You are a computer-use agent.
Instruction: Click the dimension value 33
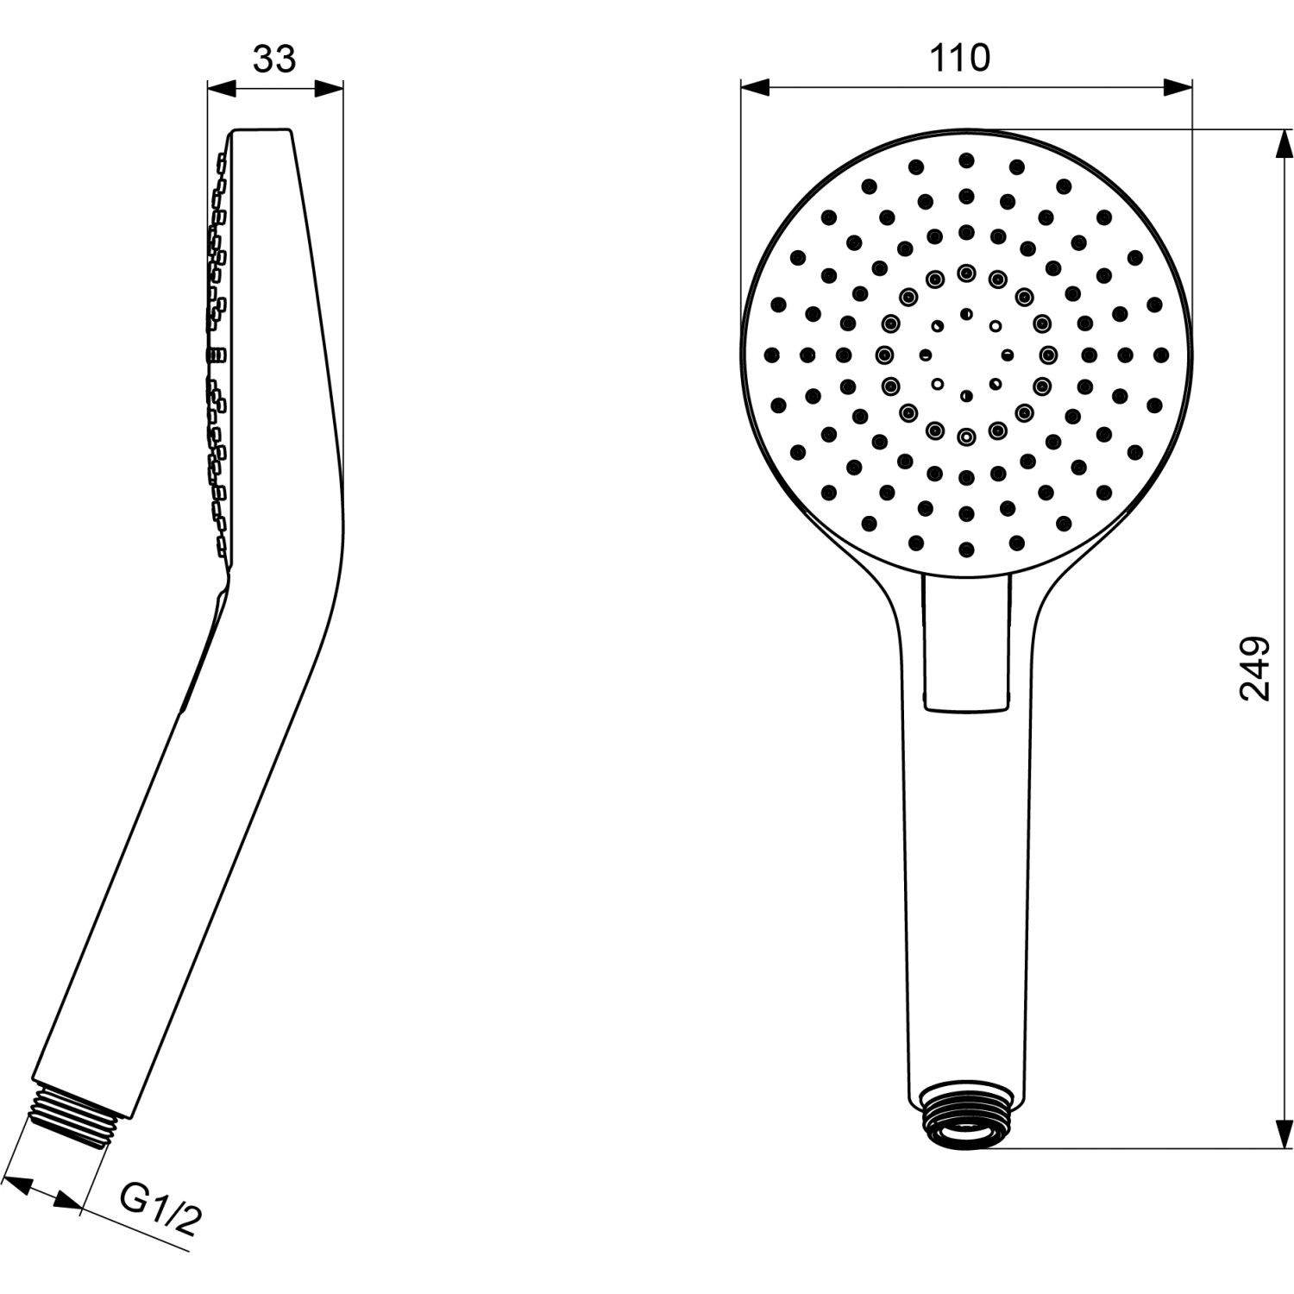[274, 59]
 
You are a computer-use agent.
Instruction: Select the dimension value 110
[959, 59]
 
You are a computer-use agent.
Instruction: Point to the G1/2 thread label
[160, 1208]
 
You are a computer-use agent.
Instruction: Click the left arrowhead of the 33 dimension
[221, 88]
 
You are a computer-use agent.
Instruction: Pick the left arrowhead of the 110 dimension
[755, 88]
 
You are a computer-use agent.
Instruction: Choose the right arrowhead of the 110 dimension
[1178, 88]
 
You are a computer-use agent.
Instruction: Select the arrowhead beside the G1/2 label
[69, 1198]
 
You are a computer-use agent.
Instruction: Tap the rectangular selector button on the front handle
[965, 643]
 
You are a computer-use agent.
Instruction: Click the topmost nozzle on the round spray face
[966, 160]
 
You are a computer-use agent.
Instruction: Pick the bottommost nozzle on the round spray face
[966, 549]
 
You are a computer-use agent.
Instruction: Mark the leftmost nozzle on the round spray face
[771, 354]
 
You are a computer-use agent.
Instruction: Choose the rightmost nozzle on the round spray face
[1161, 354]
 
